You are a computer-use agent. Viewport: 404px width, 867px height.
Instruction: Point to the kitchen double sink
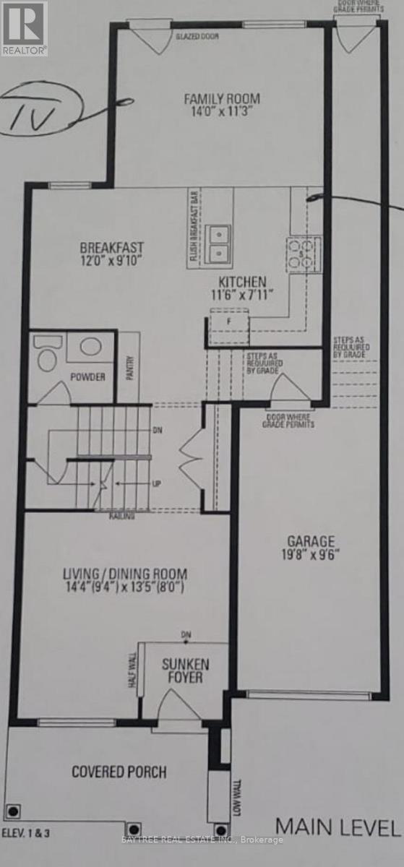(x=218, y=243)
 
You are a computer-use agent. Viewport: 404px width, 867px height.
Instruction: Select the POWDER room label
(x=88, y=377)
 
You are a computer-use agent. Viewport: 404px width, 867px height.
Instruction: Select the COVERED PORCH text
(x=119, y=772)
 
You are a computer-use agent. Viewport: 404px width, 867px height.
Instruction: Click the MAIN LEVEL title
(x=338, y=827)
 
